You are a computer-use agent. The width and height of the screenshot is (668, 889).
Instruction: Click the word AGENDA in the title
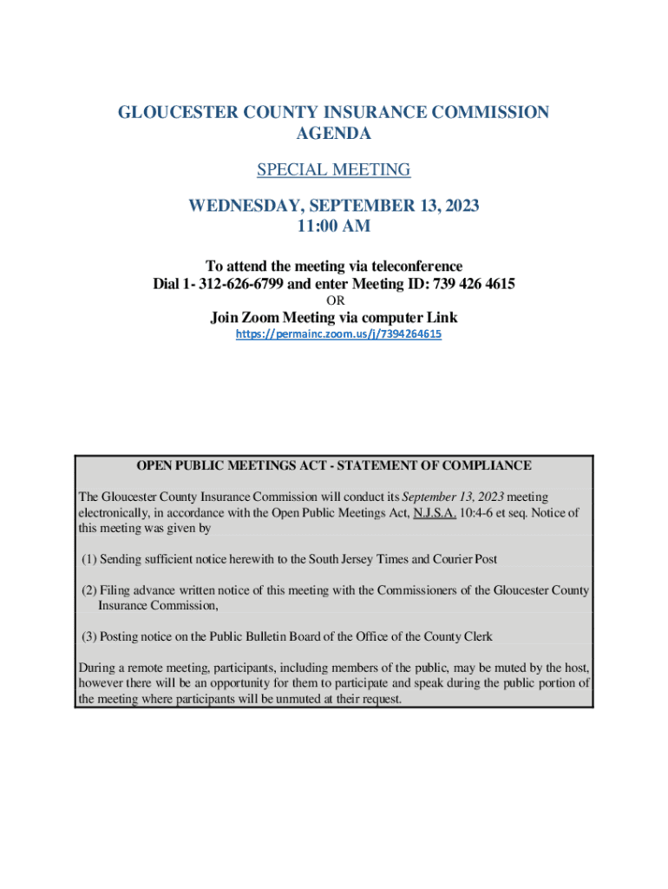334,134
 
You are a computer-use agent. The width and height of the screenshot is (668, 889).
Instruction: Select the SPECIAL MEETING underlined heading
334,169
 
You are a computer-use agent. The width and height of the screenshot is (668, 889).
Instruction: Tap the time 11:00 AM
334,227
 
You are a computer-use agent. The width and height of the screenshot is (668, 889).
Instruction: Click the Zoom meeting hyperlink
339,334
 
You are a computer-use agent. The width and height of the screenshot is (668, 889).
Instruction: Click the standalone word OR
335,301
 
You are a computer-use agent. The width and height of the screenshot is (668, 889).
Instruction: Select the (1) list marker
89,559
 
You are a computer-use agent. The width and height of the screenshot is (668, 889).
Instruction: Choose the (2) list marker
89,590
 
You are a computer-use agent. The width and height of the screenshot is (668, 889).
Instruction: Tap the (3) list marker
89,636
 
